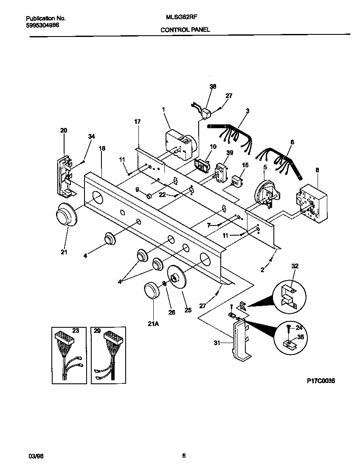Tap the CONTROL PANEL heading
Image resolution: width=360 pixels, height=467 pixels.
coord(185,30)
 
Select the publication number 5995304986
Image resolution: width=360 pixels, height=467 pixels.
coord(42,25)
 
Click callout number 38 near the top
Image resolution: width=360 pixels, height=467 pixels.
coord(213,86)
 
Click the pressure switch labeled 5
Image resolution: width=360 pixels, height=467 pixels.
coord(265,194)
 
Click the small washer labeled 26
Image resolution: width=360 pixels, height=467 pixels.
coord(164,284)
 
